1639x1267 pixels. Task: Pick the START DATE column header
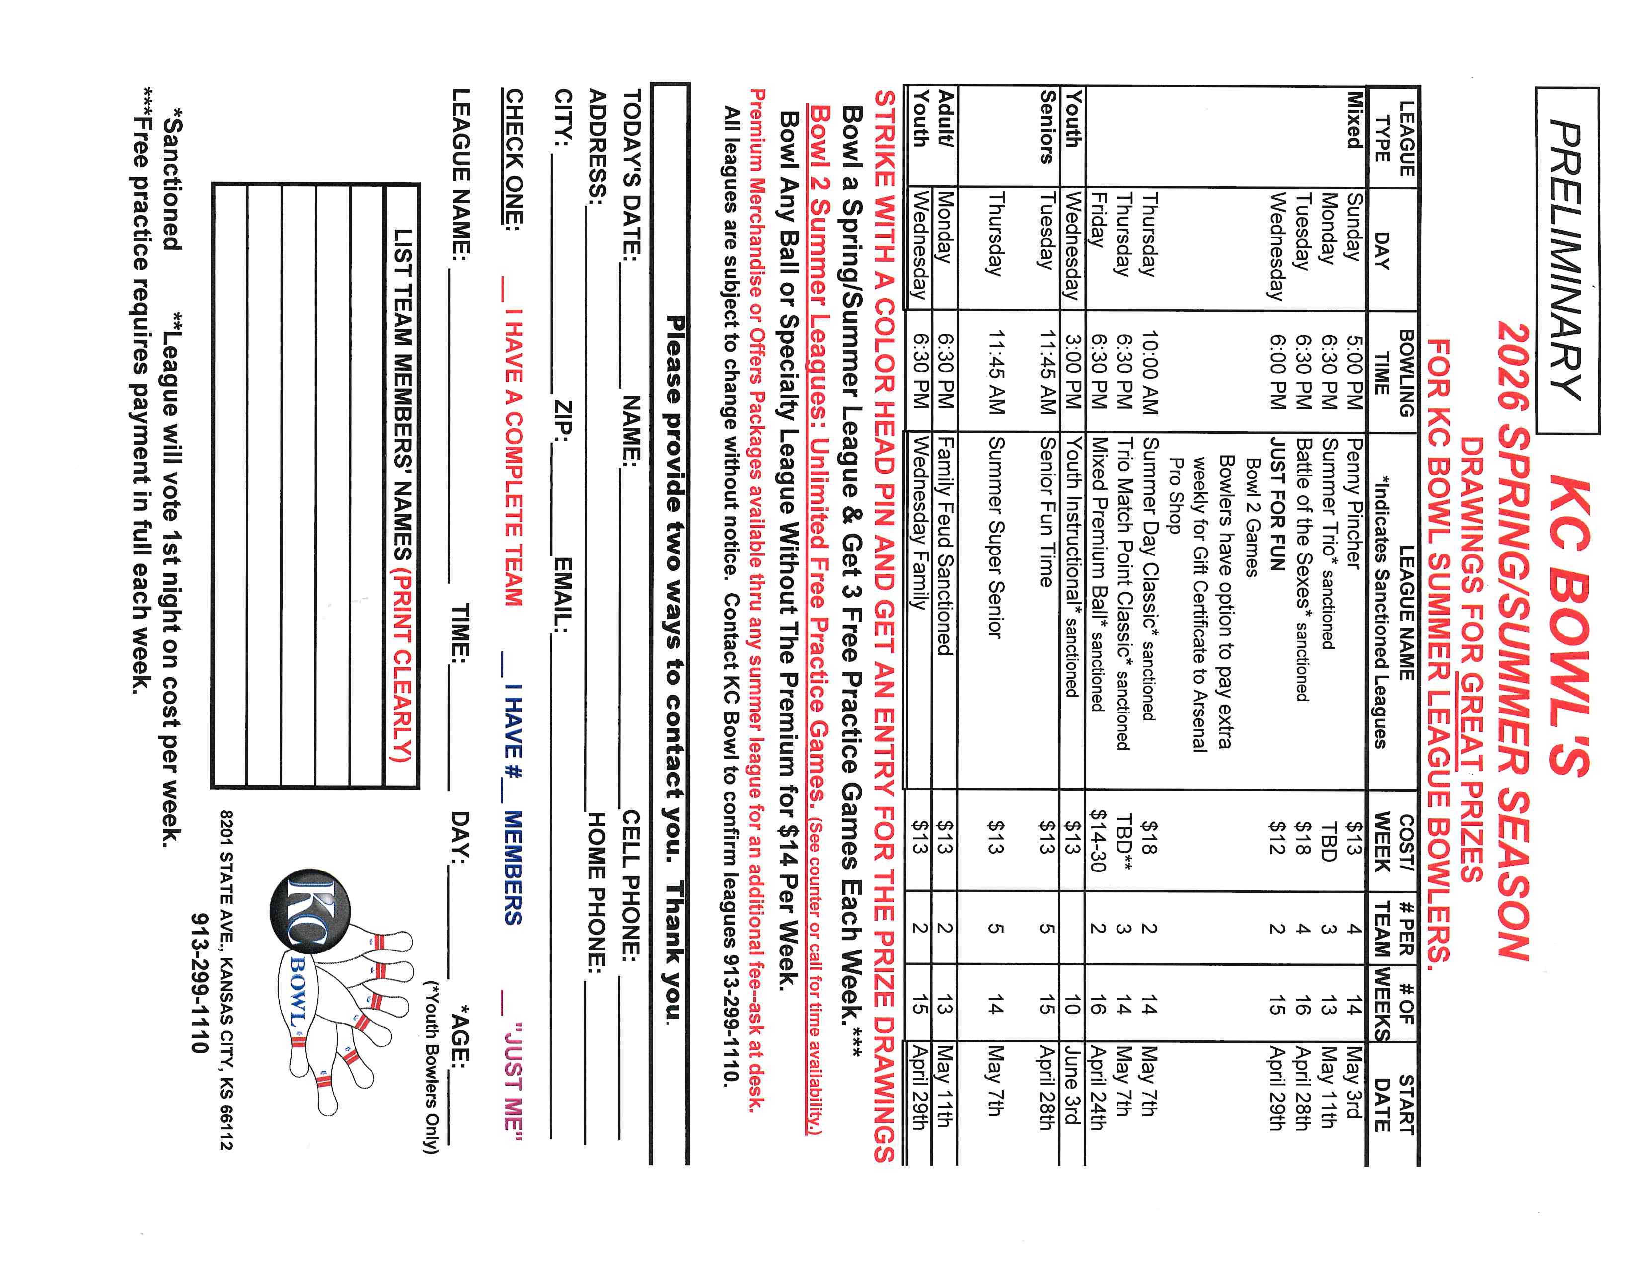[1394, 1104]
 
